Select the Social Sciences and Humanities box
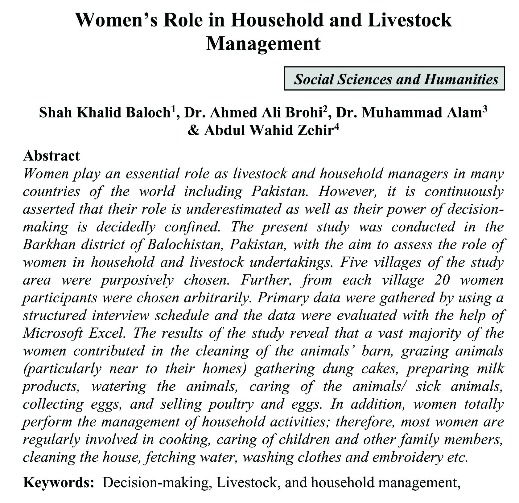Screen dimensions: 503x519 coord(394,79)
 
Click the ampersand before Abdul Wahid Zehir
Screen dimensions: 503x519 coord(193,131)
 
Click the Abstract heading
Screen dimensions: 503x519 coord(51,156)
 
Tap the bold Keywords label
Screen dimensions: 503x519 coord(59,482)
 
